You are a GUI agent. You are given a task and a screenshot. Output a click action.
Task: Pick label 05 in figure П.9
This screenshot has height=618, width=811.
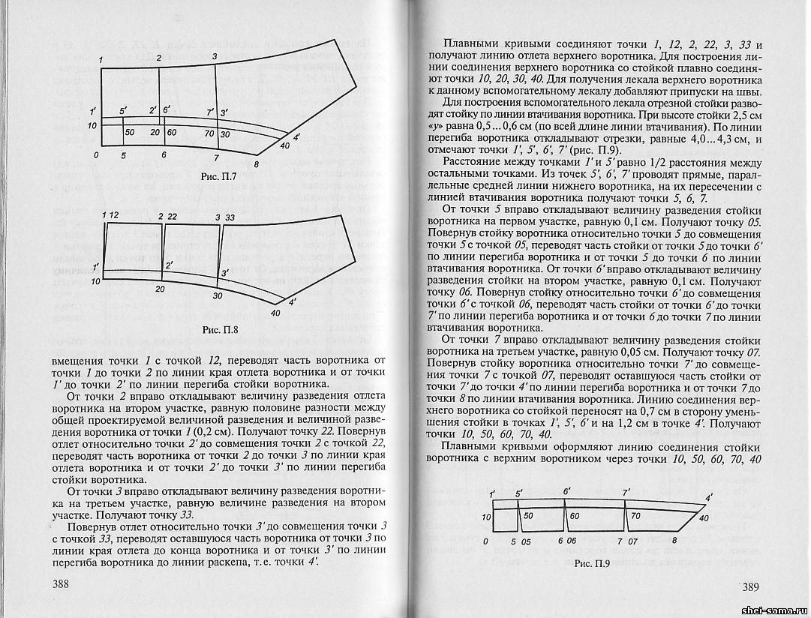[x=525, y=540]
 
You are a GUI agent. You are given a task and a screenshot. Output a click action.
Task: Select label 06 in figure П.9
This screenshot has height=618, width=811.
[x=572, y=540]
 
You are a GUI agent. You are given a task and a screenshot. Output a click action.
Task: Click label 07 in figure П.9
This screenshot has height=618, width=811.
[x=632, y=540]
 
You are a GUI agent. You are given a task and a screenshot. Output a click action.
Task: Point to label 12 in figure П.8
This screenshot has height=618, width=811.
[x=114, y=217]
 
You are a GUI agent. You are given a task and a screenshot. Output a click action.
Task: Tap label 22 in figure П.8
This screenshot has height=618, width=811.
[x=172, y=217]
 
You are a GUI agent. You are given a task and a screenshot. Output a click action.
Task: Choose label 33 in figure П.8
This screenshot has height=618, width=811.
[x=230, y=217]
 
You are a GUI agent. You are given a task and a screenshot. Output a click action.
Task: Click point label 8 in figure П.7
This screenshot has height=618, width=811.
[x=257, y=163]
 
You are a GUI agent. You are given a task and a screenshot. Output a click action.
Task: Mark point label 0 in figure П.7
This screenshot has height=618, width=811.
[x=96, y=154]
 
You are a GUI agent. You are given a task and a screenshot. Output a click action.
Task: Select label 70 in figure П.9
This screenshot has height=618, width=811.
[x=635, y=516]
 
